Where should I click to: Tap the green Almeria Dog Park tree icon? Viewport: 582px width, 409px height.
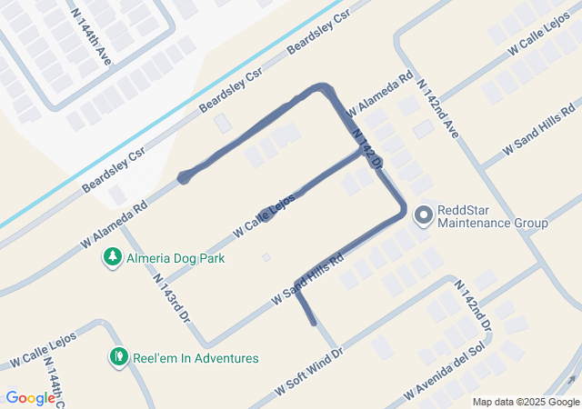coord(112,258)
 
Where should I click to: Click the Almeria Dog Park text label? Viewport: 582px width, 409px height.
coord(176,258)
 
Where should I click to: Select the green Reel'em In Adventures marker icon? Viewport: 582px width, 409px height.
coord(117,358)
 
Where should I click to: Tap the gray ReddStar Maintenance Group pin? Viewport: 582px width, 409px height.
coord(423,215)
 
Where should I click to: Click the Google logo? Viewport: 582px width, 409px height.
coord(30,397)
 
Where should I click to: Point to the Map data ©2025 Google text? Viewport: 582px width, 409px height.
coord(525,402)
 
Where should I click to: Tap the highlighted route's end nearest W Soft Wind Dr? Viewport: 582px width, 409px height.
coord(314,322)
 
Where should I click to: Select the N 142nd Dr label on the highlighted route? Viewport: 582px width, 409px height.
coord(366,147)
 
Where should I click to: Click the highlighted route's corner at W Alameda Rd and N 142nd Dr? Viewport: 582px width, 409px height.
coord(323,87)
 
